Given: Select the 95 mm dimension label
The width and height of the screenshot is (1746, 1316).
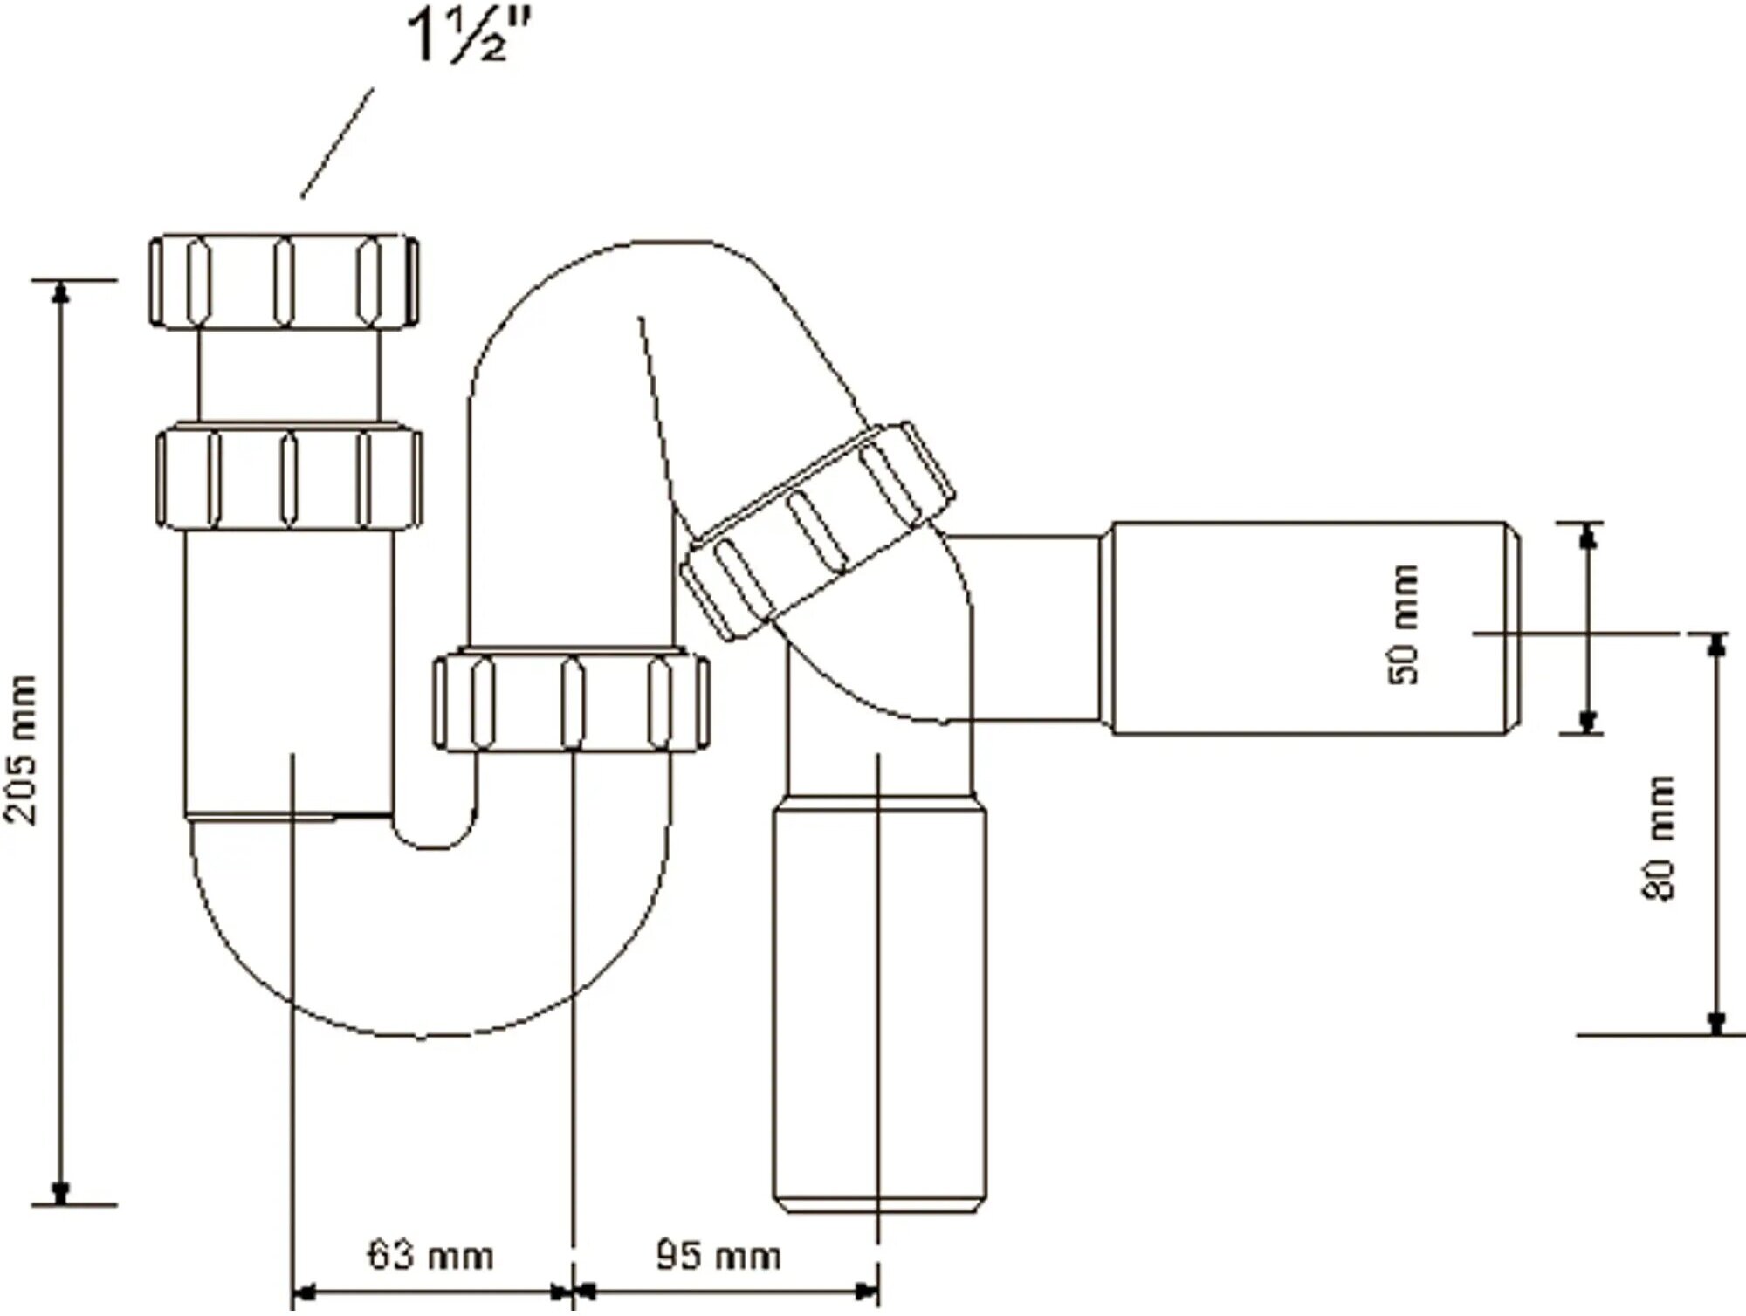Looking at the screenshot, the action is pyautogui.click(x=718, y=1257).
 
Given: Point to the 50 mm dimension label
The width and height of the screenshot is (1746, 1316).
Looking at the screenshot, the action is pyautogui.click(x=1403, y=624).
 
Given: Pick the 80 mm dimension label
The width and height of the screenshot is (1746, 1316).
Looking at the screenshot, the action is pyautogui.click(x=1660, y=838).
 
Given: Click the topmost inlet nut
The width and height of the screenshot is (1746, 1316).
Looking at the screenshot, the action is pyautogui.click(x=282, y=281).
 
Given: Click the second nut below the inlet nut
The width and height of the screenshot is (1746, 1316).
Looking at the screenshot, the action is pyautogui.click(x=289, y=476).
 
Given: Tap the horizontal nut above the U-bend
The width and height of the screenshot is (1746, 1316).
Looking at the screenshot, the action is pyautogui.click(x=572, y=701).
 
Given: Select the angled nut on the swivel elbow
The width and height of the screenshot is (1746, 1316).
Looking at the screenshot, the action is pyautogui.click(x=816, y=530).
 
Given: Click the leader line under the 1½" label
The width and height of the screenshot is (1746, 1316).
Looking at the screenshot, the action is pyautogui.click(x=337, y=142).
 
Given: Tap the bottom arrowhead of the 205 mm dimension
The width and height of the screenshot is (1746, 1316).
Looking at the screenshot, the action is pyautogui.click(x=60, y=1191).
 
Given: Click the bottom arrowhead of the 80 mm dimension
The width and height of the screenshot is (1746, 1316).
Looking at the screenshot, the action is pyautogui.click(x=1716, y=1022).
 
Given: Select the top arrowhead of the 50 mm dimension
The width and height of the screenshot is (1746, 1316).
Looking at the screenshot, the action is pyautogui.click(x=1589, y=536).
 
